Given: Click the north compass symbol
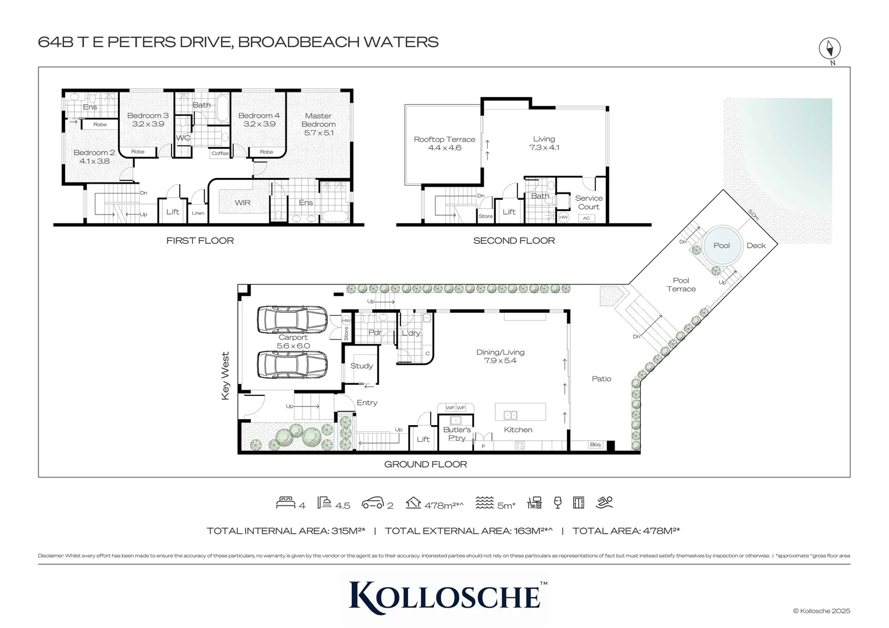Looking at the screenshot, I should [x=830, y=48].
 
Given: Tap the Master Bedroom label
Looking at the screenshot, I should [x=318, y=120].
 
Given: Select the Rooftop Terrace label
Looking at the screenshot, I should [x=444, y=140].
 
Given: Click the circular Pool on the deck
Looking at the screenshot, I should [x=722, y=245].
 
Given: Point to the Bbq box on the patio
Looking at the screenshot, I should [x=595, y=445].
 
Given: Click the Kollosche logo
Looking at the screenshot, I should [x=445, y=597].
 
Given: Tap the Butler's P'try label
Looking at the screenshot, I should [x=457, y=434].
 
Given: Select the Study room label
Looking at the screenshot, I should [x=361, y=366].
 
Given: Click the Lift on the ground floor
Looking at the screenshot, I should [x=423, y=439].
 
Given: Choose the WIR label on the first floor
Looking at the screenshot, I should [x=242, y=203].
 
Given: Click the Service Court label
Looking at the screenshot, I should [x=588, y=202].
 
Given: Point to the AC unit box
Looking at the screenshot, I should [x=586, y=218].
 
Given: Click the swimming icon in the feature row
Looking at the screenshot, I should [x=605, y=503].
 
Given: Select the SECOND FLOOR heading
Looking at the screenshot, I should [x=513, y=241].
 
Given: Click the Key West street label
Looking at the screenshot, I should [x=226, y=376].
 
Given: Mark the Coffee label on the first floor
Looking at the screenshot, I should [x=220, y=154].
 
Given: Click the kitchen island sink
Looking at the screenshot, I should [x=510, y=415].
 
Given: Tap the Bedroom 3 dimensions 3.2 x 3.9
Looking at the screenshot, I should [x=148, y=124].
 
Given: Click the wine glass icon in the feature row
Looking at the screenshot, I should [x=558, y=503].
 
